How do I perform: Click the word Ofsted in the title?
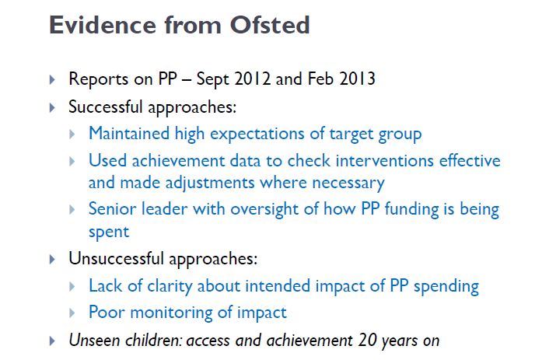click(268, 25)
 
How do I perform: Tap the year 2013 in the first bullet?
click(358, 79)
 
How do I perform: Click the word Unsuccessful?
click(114, 257)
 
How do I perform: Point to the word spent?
click(108, 232)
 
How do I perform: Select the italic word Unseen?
click(93, 340)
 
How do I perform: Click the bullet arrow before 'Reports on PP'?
click(52, 80)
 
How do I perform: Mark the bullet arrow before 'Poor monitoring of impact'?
click(72, 313)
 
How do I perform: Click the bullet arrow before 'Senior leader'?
click(72, 210)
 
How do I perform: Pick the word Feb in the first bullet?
click(322, 79)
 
